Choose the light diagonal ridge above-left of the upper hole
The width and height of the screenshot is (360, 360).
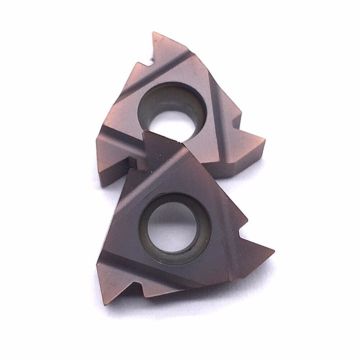pyautogui.click(x=135, y=80)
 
